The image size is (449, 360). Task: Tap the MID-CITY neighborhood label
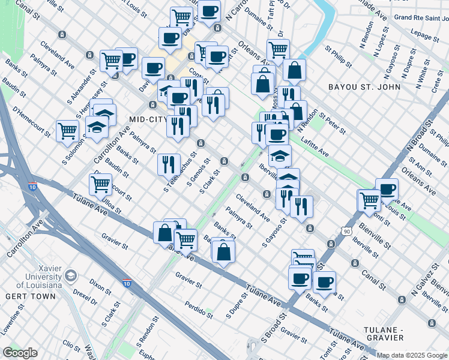pyautogui.click(x=146, y=119)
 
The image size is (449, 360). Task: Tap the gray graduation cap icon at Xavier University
pyautogui.click(x=71, y=276)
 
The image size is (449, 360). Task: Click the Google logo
pyautogui.click(x=20, y=353)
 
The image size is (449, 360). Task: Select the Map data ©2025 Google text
pyautogui.click(x=412, y=355)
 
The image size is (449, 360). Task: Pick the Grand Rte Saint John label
pyautogui.click(x=420, y=17)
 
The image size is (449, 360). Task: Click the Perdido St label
pyautogui.click(x=199, y=308)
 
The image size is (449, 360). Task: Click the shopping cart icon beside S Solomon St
pyautogui.click(x=67, y=130)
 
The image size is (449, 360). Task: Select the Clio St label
pyautogui.click(x=71, y=346)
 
